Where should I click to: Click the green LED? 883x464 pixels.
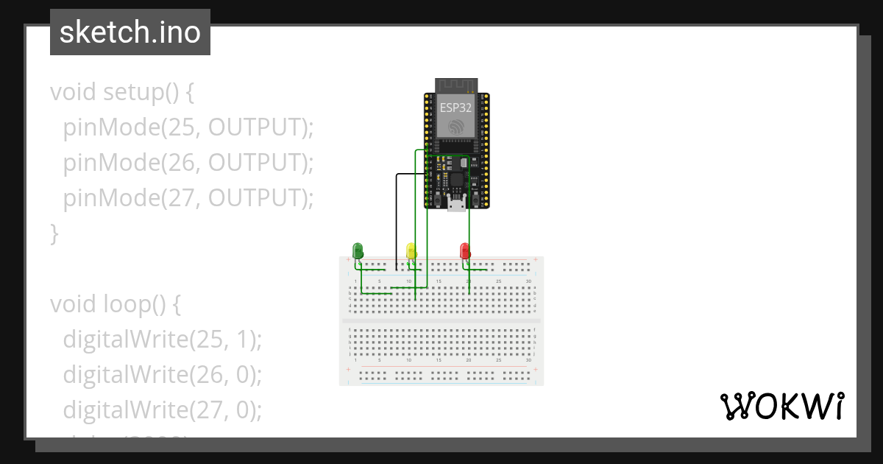358,250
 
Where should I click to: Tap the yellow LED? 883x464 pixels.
411,250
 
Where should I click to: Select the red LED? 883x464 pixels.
464,250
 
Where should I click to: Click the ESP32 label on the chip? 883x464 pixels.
456,108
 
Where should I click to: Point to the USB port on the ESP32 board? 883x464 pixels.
456,204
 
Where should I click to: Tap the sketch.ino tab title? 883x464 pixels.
130,32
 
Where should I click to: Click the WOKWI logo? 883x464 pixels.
781,406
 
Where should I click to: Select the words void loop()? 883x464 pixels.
107,303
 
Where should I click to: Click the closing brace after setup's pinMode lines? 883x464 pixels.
54,234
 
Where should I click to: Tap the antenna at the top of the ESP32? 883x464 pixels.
456,85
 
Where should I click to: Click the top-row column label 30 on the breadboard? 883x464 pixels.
528,281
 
